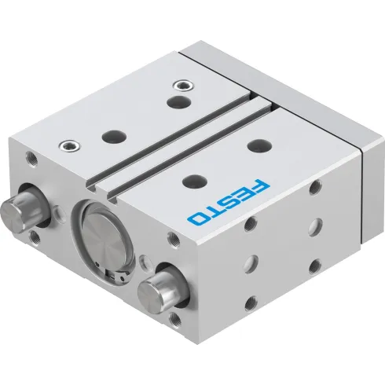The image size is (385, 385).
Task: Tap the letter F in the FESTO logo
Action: click(x=260, y=188)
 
